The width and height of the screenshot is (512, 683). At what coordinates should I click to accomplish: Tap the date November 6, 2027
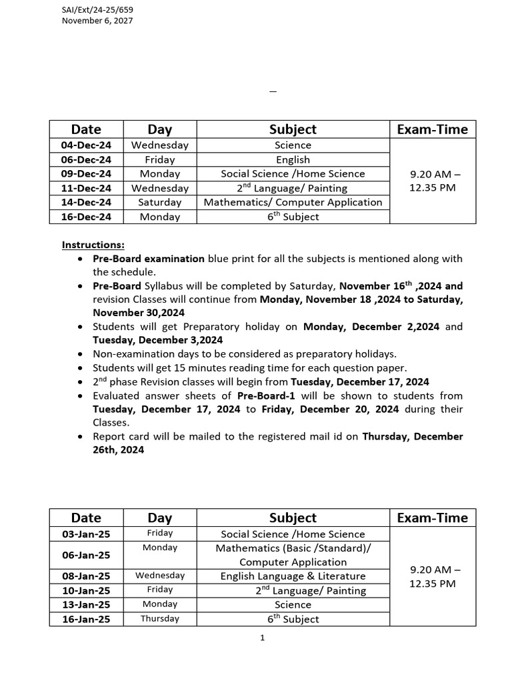97,21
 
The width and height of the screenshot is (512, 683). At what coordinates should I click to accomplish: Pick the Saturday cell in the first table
160,202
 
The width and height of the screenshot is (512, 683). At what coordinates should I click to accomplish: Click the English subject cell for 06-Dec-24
293,159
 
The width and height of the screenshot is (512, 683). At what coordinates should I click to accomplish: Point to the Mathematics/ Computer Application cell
293,202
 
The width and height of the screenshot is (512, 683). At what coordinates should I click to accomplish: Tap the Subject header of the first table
293,129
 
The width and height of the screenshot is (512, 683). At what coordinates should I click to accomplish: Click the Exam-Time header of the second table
432,518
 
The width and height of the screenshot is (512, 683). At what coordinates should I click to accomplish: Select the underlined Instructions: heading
93,245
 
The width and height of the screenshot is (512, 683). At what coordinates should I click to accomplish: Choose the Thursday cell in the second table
160,618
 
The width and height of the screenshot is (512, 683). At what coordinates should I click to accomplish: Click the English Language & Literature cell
293,576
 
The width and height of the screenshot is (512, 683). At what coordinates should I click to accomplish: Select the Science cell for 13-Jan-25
293,605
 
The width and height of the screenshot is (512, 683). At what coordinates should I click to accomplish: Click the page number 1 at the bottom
263,638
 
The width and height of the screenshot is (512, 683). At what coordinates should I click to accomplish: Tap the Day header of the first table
160,129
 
